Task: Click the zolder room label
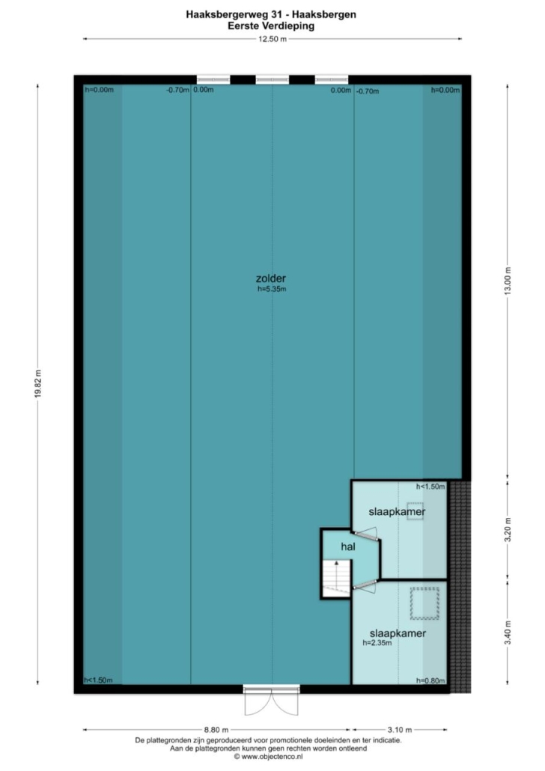pyautogui.click(x=270, y=278)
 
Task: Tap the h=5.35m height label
pyautogui.click(x=272, y=289)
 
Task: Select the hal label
pyautogui.click(x=348, y=546)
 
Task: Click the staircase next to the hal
pyautogui.click(x=336, y=578)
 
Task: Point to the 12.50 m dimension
pyautogui.click(x=272, y=40)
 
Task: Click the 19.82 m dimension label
pyautogui.click(x=38, y=383)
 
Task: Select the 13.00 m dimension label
pyautogui.click(x=508, y=281)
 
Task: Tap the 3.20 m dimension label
pyautogui.click(x=508, y=529)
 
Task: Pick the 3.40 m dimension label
pyautogui.click(x=508, y=633)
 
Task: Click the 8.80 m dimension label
pyautogui.click(x=216, y=730)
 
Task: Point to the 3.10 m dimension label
pyautogui.click(x=400, y=730)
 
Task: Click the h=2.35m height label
pyautogui.click(x=377, y=643)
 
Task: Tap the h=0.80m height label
pyautogui.click(x=430, y=680)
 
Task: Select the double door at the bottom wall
pyautogui.click(x=272, y=701)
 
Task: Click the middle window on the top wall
pyautogui.click(x=272, y=79)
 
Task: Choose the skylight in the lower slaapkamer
pyautogui.click(x=424, y=603)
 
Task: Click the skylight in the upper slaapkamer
pyautogui.click(x=415, y=511)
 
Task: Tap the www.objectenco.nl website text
pyautogui.click(x=268, y=757)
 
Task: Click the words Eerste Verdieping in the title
pyautogui.click(x=271, y=26)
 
